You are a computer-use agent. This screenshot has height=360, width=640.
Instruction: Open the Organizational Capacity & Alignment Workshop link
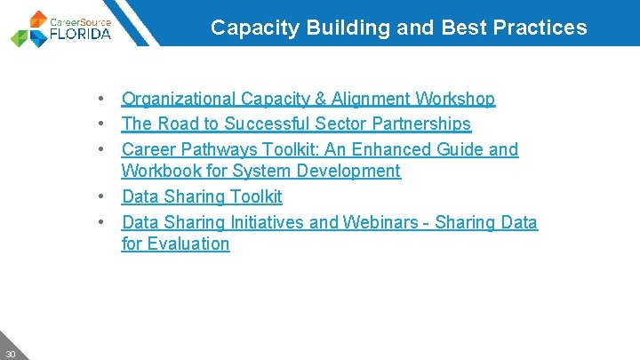(x=308, y=99)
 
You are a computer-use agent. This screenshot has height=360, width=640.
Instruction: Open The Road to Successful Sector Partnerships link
(x=295, y=124)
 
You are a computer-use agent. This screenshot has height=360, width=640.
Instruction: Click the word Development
(x=343, y=171)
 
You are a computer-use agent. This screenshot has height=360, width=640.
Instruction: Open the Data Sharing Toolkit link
(x=201, y=196)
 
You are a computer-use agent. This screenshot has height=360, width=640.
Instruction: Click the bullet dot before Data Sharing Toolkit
(x=104, y=196)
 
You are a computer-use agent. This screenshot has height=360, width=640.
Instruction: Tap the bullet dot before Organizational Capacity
(x=104, y=99)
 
